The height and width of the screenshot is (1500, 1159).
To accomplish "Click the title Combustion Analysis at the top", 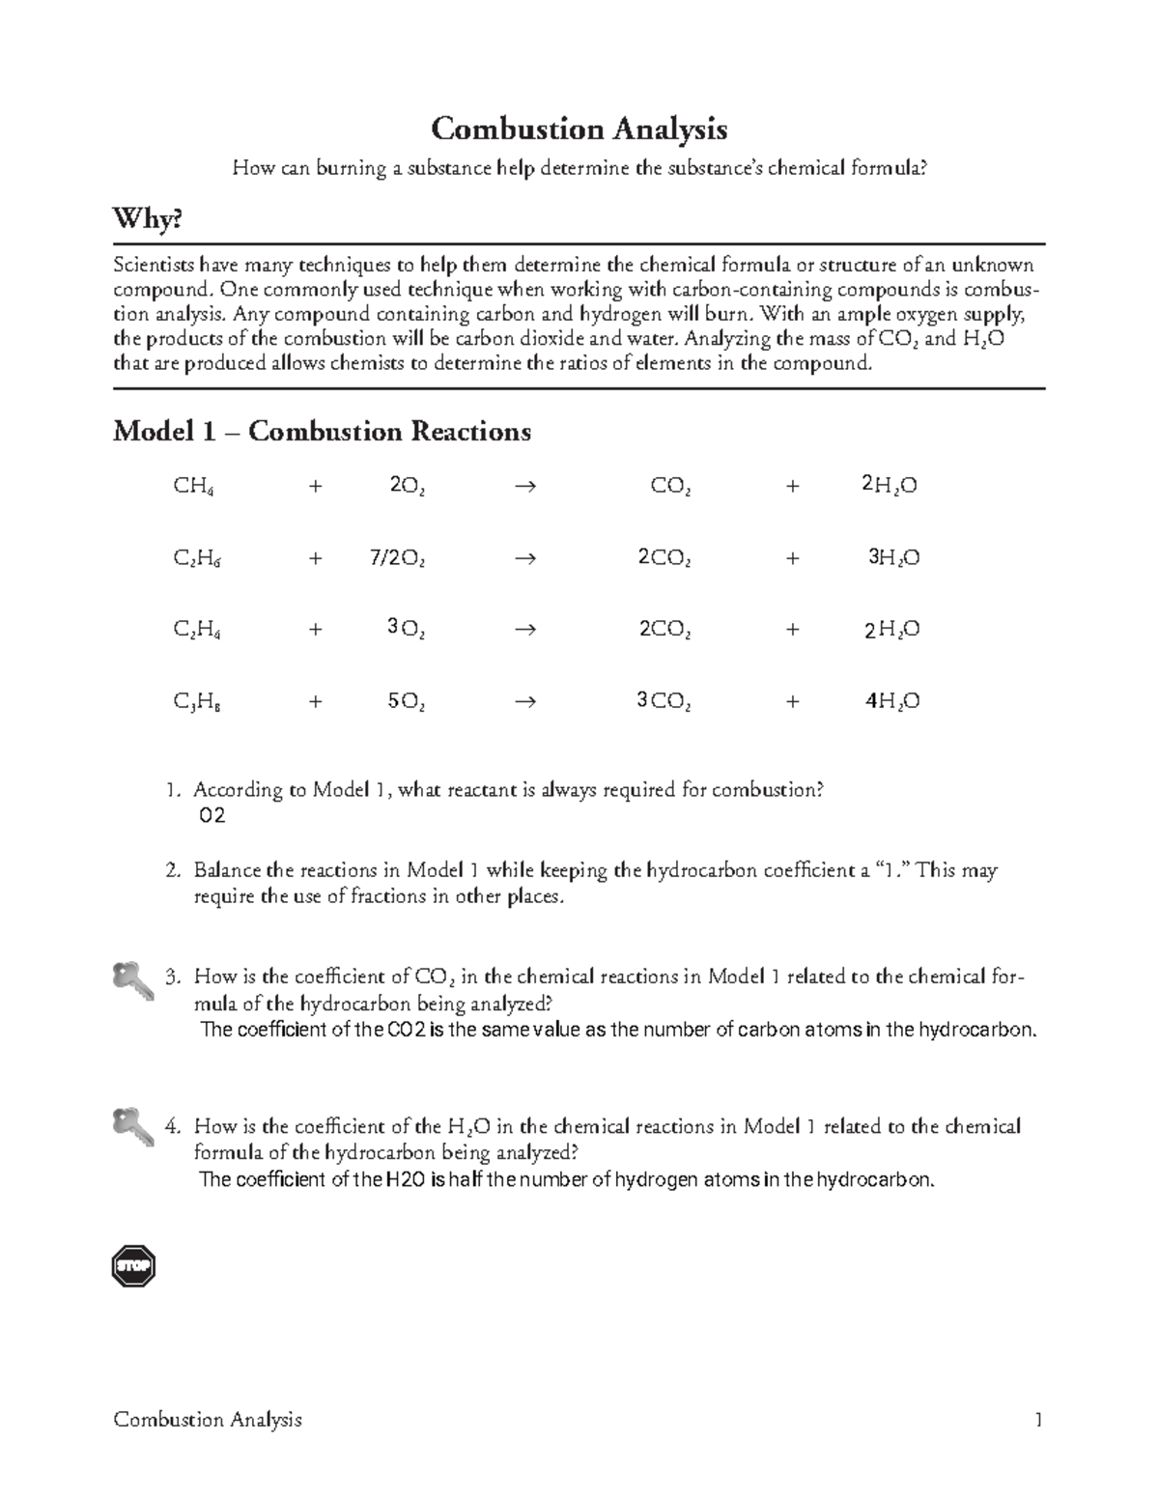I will (x=579, y=128).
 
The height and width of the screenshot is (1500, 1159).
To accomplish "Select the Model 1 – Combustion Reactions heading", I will (x=322, y=431).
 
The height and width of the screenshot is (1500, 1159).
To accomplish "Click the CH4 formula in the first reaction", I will (x=193, y=487).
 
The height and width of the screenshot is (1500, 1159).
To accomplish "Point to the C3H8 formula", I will (x=197, y=702).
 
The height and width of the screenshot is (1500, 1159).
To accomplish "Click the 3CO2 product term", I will (x=664, y=702).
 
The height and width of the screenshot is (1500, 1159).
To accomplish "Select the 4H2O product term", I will (x=891, y=702).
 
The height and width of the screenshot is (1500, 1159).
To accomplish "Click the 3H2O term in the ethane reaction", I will (x=892, y=558).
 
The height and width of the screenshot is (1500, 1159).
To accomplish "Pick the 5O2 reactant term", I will (x=406, y=702).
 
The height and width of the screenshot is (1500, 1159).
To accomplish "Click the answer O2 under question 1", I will (x=212, y=816).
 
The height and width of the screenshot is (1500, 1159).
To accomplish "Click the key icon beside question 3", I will (x=132, y=979).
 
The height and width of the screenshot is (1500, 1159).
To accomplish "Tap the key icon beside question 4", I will (x=132, y=1126).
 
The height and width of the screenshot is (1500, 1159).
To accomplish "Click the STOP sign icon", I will (x=133, y=1266).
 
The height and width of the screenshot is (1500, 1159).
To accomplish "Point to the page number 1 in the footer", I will (x=1038, y=1419).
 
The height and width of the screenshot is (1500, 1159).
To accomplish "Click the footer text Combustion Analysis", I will (x=208, y=1419).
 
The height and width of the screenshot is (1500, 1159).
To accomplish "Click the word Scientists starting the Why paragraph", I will (x=154, y=265).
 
